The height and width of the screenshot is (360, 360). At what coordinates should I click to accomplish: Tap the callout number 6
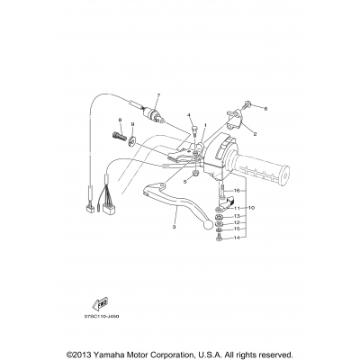(x=265, y=108)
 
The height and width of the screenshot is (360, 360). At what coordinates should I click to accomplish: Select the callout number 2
(x=256, y=133)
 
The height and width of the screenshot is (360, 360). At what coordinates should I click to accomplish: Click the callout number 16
(x=237, y=192)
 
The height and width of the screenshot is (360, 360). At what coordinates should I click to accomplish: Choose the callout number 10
(x=252, y=208)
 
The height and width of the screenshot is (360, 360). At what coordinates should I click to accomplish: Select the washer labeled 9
(x=133, y=139)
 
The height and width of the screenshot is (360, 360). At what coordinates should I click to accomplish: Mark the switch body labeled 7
(x=160, y=115)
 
